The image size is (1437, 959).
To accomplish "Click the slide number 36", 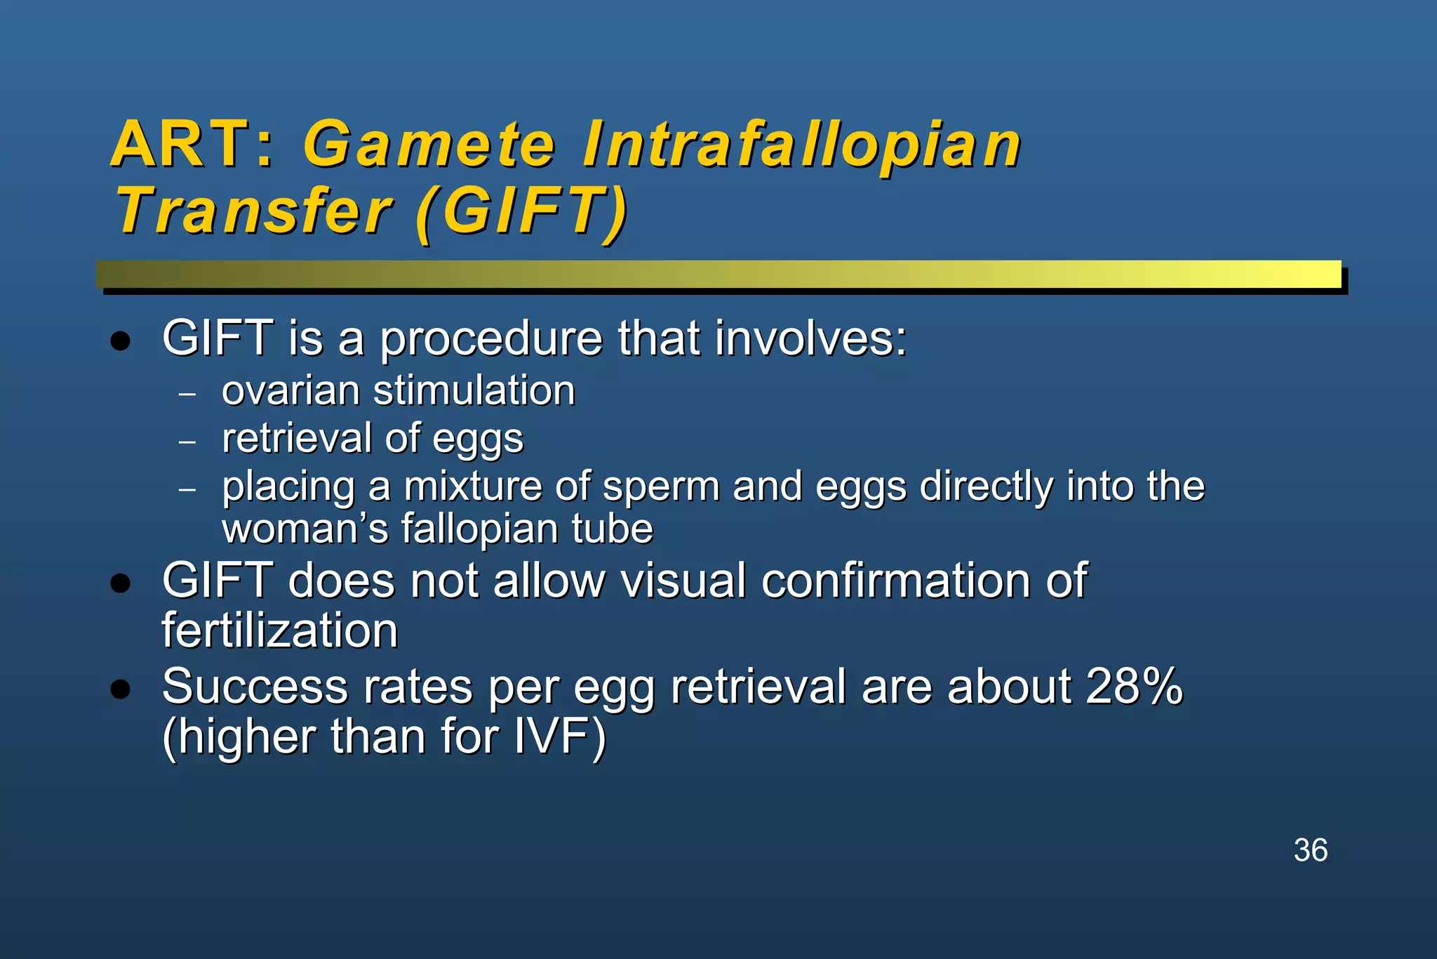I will pyautogui.click(x=1310, y=850).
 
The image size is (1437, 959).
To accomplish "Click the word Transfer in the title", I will pyautogui.click(x=253, y=212).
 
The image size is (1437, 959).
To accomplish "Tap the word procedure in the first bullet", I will pyautogui.click(x=490, y=339).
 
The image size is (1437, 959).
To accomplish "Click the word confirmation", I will pyautogui.click(x=895, y=581).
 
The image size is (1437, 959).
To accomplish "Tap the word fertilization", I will pyautogui.click(x=279, y=630).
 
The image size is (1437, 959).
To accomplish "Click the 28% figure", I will pyautogui.click(x=1134, y=686).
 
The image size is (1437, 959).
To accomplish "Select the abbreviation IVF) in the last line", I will pyautogui.click(x=559, y=737).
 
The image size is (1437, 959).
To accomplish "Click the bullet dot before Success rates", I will pyautogui.click(x=121, y=689).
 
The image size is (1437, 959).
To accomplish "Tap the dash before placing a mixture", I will pyautogui.click(x=187, y=489).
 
